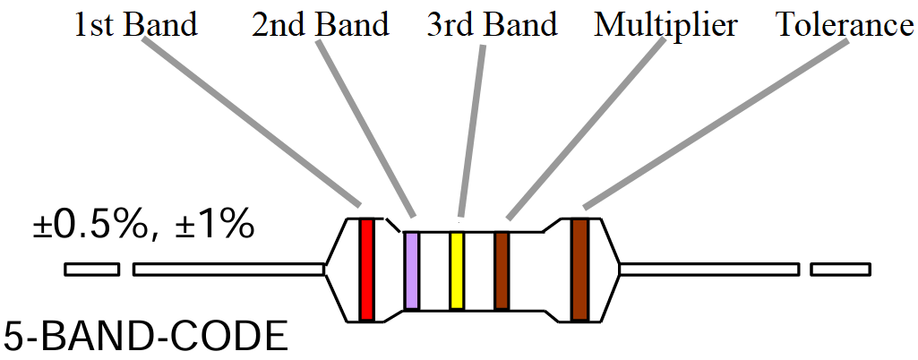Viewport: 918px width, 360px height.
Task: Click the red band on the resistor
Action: (x=366, y=269)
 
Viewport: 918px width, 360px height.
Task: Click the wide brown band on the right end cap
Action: (x=580, y=269)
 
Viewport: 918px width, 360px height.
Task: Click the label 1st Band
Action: (x=135, y=24)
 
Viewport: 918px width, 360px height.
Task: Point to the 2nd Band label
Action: (x=321, y=24)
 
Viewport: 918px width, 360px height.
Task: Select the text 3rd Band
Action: (x=492, y=24)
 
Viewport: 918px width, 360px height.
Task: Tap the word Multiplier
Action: (x=665, y=24)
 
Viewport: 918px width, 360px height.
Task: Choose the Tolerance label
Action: (x=844, y=24)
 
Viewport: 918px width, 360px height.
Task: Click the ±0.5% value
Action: (x=89, y=226)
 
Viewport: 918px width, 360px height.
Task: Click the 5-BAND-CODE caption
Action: (x=146, y=339)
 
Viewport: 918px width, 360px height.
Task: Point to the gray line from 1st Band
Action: (x=251, y=123)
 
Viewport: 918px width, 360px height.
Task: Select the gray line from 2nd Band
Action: (x=367, y=128)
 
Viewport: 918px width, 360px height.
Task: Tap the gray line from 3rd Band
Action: (x=472, y=128)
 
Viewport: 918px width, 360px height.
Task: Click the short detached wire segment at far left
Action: (x=92, y=269)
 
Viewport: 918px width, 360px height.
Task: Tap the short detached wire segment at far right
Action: (x=839, y=269)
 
